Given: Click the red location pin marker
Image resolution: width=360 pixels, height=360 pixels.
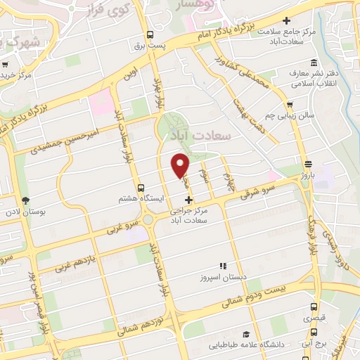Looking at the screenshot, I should (181, 165).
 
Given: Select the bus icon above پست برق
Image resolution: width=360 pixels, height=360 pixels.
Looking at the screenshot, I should (150, 34).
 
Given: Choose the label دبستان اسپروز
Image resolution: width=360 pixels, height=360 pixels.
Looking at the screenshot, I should (223, 276).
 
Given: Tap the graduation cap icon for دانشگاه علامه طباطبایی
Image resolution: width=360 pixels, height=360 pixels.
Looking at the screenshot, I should (245, 334).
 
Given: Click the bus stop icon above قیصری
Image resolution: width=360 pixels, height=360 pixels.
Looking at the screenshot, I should (314, 307).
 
